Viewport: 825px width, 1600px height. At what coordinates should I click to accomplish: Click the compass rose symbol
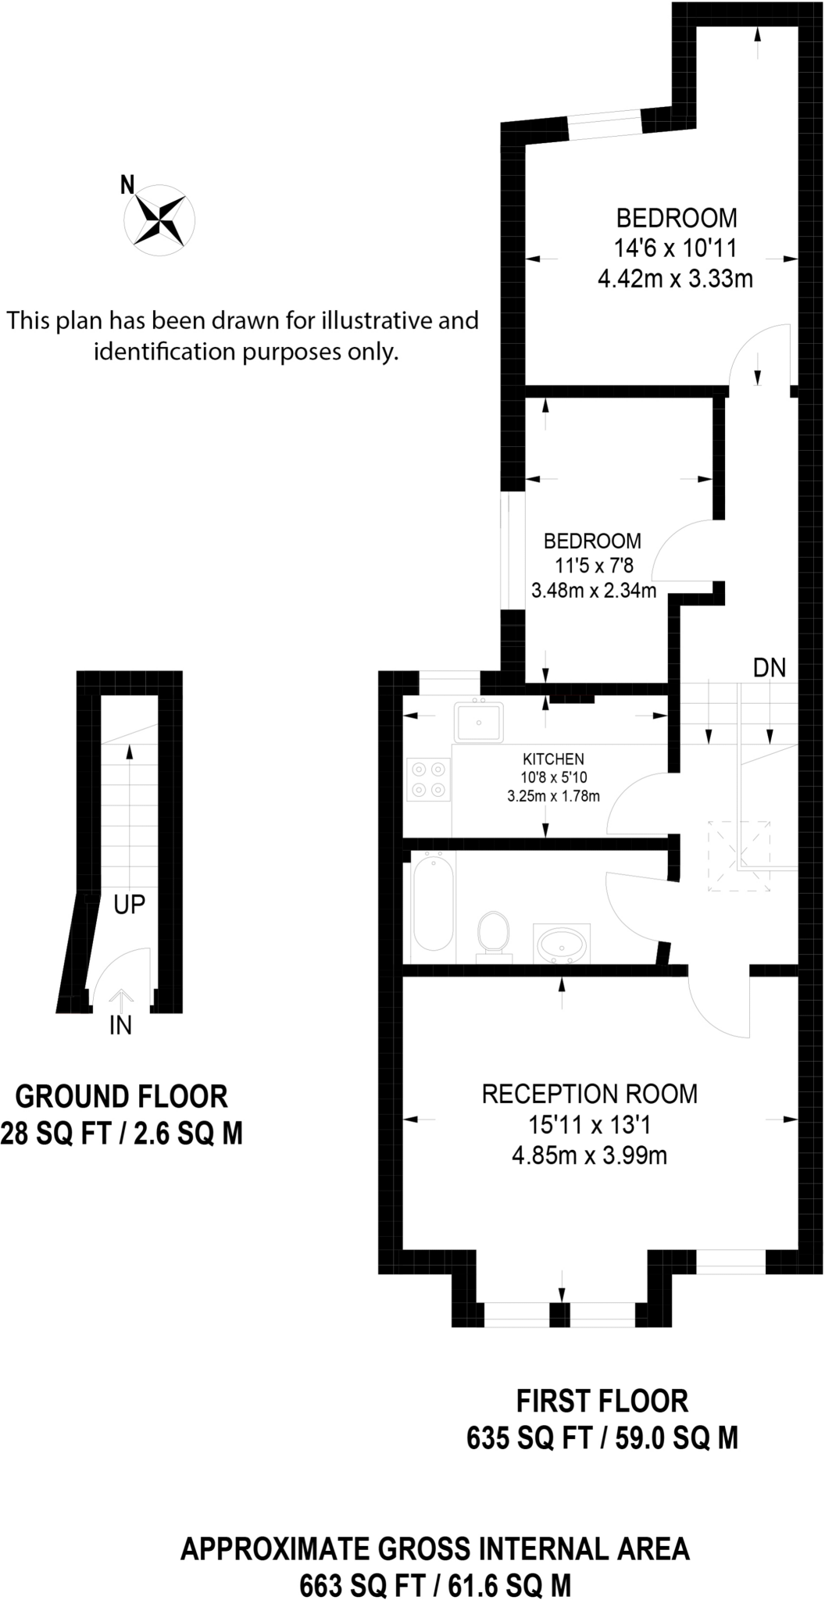[160, 220]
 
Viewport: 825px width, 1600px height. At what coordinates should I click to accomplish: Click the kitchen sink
[478, 721]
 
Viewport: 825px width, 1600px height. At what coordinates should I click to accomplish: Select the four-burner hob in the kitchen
[428, 780]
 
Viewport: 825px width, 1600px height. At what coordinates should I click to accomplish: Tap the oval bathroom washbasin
[562, 945]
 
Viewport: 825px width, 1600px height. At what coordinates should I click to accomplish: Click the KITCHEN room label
[553, 759]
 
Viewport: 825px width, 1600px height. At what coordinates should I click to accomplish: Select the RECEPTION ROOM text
[589, 1094]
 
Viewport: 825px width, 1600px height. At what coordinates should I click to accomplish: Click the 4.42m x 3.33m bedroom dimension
[675, 279]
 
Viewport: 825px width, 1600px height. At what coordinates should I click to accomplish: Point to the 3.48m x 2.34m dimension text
[594, 591]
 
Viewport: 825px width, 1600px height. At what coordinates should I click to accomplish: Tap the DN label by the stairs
[769, 668]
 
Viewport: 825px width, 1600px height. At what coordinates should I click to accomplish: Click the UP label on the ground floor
[129, 905]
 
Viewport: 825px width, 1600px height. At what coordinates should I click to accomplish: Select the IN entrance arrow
[120, 999]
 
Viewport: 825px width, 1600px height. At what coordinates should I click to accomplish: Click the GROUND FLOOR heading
[121, 1097]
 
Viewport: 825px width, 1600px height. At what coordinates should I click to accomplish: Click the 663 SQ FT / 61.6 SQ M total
[435, 1585]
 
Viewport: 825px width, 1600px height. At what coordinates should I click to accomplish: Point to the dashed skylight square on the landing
[739, 856]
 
